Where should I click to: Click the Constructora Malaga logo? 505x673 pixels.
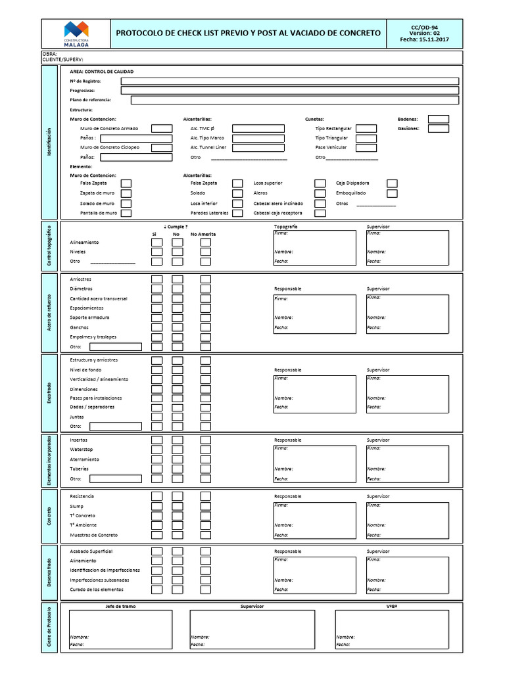pos(76,33)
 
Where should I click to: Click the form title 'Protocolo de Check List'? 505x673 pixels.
pos(248,32)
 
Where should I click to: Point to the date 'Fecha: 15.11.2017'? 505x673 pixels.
pos(429,39)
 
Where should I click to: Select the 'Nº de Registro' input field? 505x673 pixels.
pos(289,81)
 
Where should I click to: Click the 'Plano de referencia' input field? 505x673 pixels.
pos(295,100)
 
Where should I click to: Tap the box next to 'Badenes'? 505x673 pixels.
pos(438,119)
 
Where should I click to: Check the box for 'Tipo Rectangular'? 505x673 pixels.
pos(366,129)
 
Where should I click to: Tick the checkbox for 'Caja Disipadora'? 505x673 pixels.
pos(392,183)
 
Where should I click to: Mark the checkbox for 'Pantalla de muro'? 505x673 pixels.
pos(126,213)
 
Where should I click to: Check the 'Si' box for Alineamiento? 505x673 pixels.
pos(156,242)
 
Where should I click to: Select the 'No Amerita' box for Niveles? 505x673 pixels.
pos(206,252)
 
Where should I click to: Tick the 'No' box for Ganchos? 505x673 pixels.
pos(178,327)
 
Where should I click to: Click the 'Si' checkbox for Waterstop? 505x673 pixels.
pos(156,450)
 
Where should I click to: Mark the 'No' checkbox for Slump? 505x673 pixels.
pos(178,507)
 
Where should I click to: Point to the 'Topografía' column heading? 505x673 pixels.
pos(285,227)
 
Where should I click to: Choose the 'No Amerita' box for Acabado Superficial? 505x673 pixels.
pos(206,551)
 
